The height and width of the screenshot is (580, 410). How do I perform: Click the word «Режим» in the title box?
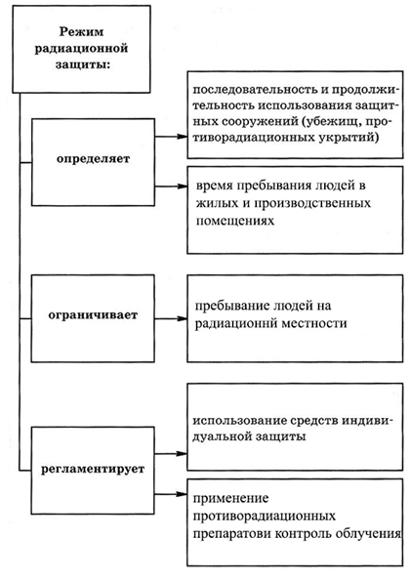(x=81, y=32)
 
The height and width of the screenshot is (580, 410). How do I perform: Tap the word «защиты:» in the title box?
(x=83, y=64)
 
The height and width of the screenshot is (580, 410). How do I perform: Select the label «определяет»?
(x=93, y=159)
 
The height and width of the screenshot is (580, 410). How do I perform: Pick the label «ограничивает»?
(x=93, y=315)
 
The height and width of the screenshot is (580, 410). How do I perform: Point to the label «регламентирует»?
(x=93, y=469)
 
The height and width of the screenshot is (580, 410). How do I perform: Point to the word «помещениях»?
(x=235, y=222)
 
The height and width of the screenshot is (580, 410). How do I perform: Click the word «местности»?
(x=314, y=323)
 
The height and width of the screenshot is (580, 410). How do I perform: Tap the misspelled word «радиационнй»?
(x=236, y=323)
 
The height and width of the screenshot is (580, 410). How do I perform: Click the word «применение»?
(x=230, y=499)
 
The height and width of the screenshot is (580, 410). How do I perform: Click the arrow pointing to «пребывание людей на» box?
(x=171, y=318)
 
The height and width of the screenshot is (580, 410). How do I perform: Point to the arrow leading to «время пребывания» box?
(x=171, y=186)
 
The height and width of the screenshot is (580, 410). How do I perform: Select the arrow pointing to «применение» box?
(x=171, y=494)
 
